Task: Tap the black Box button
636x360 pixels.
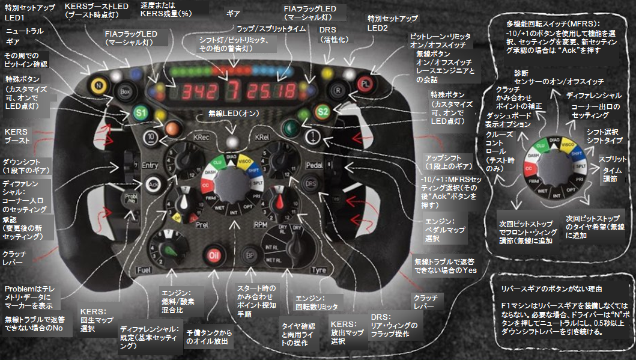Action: (x=125, y=92)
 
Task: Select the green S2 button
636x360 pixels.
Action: (x=323, y=111)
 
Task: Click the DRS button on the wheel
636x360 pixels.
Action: (x=311, y=183)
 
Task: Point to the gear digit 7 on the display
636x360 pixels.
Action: (x=231, y=91)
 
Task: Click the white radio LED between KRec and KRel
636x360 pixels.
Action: (x=231, y=142)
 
